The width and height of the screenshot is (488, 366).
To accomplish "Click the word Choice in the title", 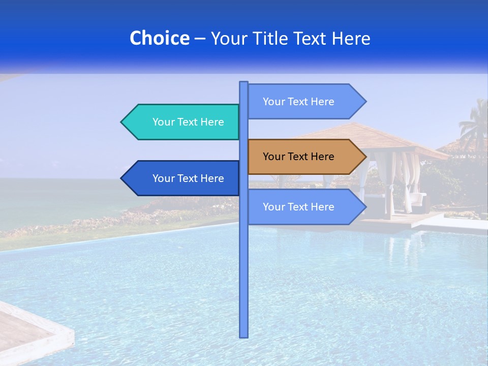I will tap(159, 38).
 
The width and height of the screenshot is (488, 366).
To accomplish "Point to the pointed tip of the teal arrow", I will tap(122, 122).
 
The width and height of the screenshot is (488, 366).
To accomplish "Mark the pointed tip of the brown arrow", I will tap(365, 157).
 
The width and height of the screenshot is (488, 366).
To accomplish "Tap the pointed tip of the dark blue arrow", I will tap(122, 178).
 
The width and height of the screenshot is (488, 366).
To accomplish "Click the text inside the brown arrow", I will tap(298, 157).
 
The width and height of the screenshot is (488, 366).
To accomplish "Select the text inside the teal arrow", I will tap(188, 122).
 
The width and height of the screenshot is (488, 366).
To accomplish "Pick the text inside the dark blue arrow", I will tap(188, 178).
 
